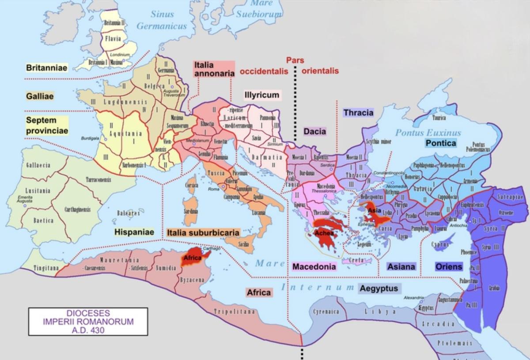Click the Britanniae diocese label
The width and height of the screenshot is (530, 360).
(46, 68)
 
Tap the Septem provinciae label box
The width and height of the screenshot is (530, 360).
(47, 125)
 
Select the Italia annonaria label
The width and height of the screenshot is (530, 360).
(214, 69)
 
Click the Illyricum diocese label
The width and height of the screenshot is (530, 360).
(262, 95)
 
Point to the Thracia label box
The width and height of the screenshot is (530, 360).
(358, 113)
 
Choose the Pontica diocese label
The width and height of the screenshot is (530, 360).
(440, 143)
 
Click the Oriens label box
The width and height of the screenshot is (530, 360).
(449, 266)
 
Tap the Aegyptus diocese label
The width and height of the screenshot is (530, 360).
(379, 288)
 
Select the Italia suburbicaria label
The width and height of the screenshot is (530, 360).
(203, 232)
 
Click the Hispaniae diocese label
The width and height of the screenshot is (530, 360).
(134, 232)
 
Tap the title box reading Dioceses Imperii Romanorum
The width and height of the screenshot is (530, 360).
(88, 321)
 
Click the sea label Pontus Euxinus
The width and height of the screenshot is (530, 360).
(428, 133)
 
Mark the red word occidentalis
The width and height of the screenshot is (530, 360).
(264, 71)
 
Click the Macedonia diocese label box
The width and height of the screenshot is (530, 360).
(314, 266)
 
